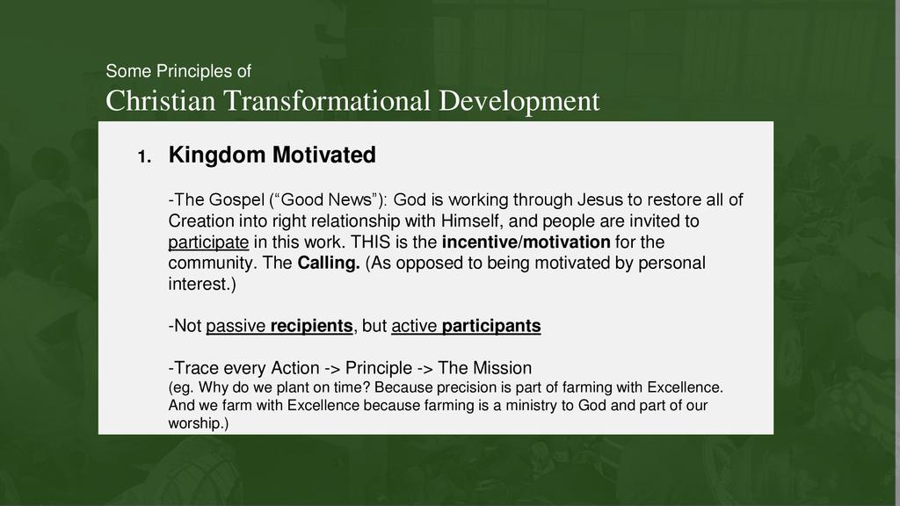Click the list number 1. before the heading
click(145, 156)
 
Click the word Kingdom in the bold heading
click(217, 155)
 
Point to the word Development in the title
click(519, 102)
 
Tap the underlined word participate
click(208, 242)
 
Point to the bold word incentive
click(480, 242)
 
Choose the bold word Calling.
click(329, 264)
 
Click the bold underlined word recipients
click(312, 326)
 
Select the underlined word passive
click(236, 327)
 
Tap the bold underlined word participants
click(491, 327)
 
